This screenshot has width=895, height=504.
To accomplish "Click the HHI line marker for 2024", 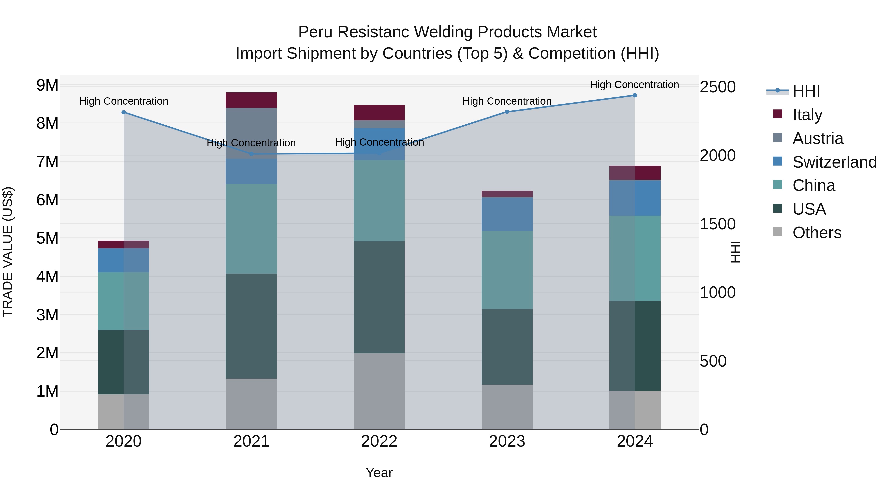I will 634,95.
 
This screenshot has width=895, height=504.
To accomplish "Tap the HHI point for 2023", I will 507,112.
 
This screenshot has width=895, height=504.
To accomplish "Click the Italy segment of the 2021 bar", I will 251,100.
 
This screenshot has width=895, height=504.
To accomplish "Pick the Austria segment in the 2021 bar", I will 251,133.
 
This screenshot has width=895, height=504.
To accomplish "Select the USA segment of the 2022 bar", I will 379,297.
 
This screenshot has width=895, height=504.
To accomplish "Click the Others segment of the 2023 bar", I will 507,407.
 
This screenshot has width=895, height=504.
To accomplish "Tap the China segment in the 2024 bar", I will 635,258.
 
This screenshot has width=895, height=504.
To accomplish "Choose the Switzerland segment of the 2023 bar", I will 507,214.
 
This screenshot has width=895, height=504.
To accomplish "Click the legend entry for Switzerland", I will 834,162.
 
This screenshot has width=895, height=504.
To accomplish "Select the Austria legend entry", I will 817,138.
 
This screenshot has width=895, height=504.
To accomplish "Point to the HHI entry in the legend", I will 806,91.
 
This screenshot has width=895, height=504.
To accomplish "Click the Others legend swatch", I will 778,232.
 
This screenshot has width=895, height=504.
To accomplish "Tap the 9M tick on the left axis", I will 47,85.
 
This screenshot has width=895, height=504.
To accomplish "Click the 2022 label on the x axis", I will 379,441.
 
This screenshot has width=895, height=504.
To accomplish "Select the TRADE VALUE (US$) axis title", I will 8,252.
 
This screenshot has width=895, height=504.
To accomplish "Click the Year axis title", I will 379,473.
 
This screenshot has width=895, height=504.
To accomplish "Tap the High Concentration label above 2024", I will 634,85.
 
